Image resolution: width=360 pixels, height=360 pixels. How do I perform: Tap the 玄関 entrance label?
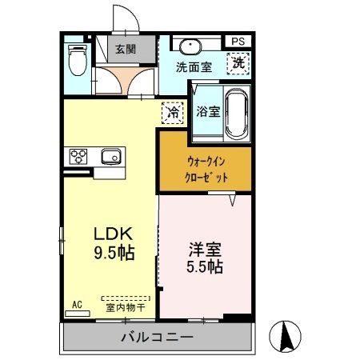coord(126,50)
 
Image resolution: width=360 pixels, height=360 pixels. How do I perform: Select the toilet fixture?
coord(78,59)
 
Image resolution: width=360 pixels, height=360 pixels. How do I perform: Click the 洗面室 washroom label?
coord(194,68)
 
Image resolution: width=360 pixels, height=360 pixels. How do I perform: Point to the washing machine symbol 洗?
coord(239,62)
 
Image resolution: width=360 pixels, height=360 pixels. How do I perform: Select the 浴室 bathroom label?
coord(208,112)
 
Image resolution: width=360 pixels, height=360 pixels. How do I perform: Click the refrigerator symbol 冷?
coord(171,113)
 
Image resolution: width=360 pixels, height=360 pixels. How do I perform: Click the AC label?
coord(78,304)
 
